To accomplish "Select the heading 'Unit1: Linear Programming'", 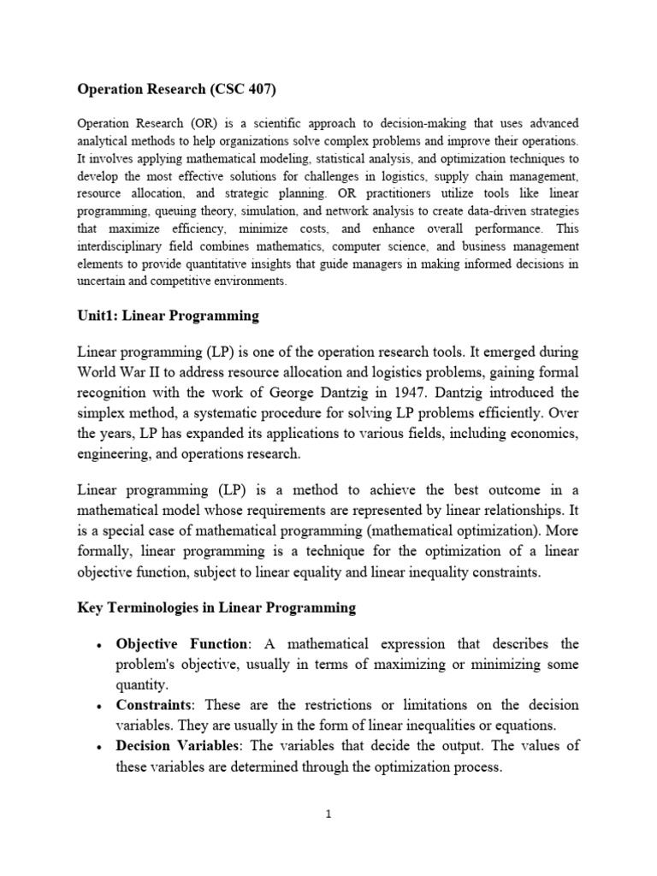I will point(168,316).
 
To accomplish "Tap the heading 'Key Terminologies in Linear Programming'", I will point(216,607).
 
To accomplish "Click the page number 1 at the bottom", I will point(328,814).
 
